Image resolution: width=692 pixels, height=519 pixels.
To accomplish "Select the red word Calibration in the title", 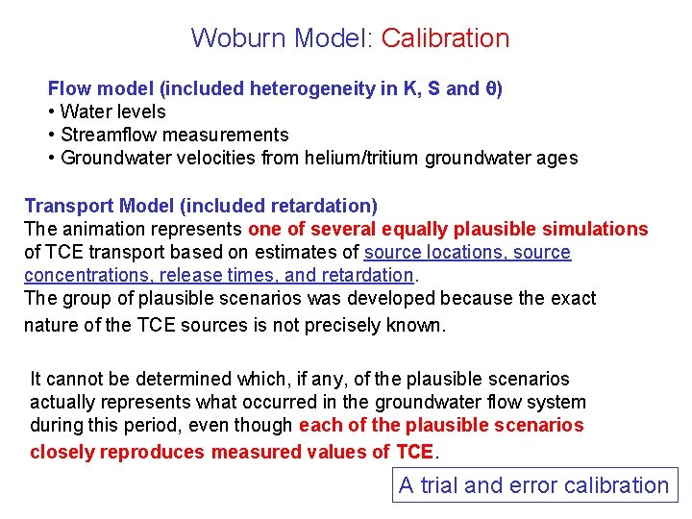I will (x=445, y=38).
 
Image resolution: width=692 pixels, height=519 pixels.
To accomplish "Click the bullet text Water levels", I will (x=112, y=111).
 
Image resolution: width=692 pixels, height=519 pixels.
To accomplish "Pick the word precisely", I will (x=352, y=325).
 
